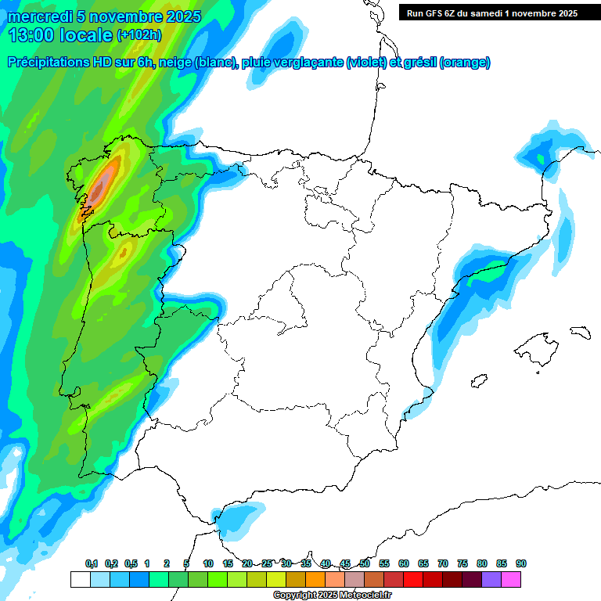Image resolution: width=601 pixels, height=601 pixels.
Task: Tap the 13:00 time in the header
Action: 31,35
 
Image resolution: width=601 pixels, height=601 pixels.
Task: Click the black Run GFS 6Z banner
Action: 492,13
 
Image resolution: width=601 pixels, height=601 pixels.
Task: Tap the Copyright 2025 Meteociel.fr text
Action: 332,596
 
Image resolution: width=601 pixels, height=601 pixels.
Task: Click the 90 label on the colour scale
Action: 521,564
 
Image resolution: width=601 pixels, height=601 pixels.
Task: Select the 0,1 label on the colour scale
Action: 91,564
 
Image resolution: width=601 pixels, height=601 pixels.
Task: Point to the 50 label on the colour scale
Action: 365,564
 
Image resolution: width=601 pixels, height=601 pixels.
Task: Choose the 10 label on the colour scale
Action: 208,564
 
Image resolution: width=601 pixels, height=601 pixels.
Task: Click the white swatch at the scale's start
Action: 80,579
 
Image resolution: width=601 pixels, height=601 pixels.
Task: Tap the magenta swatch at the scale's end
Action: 511,579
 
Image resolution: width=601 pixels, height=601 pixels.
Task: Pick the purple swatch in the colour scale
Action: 491,579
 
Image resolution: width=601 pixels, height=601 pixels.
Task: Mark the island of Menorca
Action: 580,332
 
